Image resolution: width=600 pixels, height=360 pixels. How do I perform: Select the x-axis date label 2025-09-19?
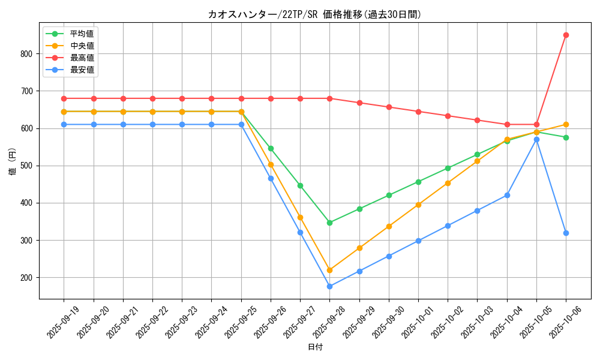point(64,323)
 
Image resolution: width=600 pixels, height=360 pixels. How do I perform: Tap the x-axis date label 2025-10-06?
point(566,323)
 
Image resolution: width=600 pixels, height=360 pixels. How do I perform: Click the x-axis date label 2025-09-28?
point(329,323)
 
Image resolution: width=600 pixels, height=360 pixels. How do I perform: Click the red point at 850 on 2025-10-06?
point(566,35)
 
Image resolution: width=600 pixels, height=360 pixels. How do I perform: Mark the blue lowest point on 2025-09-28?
point(329,286)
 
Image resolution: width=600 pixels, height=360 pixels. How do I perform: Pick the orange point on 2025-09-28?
point(329,270)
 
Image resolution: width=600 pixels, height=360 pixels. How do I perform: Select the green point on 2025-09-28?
point(329,223)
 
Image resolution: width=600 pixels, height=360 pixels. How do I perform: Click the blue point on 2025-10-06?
point(566,233)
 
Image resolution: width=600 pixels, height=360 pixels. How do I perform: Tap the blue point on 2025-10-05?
point(536,139)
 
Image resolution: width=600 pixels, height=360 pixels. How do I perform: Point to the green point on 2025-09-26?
point(271,148)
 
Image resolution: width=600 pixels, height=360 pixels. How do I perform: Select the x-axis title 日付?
point(314,347)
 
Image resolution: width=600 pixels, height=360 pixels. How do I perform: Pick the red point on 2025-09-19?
point(64,98)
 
